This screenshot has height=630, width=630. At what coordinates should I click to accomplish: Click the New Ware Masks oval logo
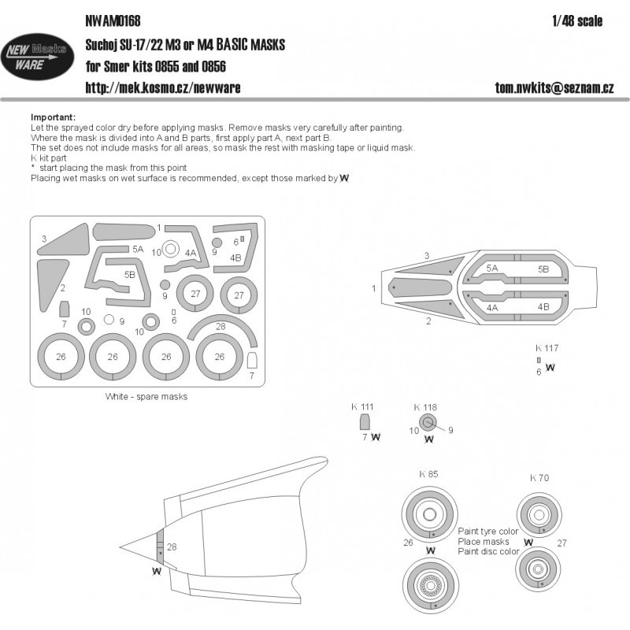(37, 56)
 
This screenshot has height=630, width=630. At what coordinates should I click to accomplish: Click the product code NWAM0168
(113, 21)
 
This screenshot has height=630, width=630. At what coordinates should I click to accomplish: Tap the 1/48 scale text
(577, 21)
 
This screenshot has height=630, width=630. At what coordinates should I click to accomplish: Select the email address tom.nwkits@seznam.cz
(554, 87)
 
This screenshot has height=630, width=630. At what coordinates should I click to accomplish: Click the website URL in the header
(163, 87)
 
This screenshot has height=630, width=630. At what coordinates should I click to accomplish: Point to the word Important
(53, 117)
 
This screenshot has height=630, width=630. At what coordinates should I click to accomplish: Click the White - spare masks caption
(146, 397)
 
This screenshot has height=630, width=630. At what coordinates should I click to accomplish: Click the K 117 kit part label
(547, 348)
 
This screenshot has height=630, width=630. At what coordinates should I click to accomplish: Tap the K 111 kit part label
(362, 407)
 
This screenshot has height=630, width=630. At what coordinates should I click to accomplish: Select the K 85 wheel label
(428, 474)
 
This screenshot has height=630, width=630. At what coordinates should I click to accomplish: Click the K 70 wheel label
(539, 478)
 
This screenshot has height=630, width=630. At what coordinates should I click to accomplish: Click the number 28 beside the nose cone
(172, 547)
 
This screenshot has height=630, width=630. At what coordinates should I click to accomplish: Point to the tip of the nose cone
(120, 547)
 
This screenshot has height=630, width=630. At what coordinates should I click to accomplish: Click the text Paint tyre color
(488, 532)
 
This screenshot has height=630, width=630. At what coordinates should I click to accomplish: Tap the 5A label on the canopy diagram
(491, 269)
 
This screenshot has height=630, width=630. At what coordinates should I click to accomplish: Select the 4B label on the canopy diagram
(543, 307)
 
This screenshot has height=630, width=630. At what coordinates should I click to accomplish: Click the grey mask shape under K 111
(364, 423)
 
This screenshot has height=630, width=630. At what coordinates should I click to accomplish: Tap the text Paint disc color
(488, 552)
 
